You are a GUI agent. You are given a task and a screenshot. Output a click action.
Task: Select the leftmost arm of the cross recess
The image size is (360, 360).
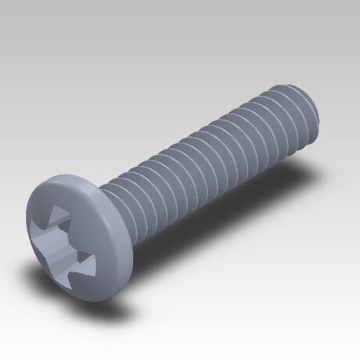point(38,230)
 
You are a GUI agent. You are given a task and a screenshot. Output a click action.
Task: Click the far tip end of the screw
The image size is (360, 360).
point(312,113)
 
